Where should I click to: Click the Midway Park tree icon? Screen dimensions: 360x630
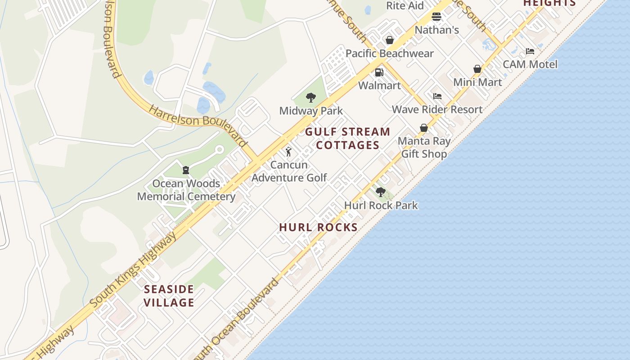pyautogui.click(x=310, y=98)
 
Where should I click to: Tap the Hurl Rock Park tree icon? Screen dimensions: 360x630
pyautogui.click(x=381, y=192)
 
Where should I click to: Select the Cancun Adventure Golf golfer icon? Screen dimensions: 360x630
pyautogui.click(x=288, y=152)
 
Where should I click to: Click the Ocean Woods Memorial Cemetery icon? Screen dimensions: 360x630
pyautogui.click(x=185, y=170)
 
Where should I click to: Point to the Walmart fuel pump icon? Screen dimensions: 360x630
pyautogui.click(x=379, y=72)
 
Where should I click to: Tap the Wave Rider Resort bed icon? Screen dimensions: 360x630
pyautogui.click(x=437, y=96)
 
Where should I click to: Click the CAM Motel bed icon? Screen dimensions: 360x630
pyautogui.click(x=530, y=51)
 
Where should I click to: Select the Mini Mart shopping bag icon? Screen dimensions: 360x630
pyautogui.click(x=477, y=69)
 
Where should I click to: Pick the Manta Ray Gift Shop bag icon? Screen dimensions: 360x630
pyautogui.click(x=423, y=128)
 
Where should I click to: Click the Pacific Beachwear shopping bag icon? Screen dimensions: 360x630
pyautogui.click(x=390, y=40)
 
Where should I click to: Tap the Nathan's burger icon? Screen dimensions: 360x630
pyautogui.click(x=436, y=17)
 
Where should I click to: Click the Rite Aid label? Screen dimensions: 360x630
pyautogui.click(x=405, y=5)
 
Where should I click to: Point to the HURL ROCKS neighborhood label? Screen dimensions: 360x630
pyautogui.click(x=318, y=227)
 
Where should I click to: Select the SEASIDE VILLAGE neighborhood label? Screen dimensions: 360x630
pyautogui.click(x=169, y=296)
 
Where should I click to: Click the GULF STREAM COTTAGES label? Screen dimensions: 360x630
pyautogui.click(x=347, y=138)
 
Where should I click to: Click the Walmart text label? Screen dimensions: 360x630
pyautogui.click(x=379, y=85)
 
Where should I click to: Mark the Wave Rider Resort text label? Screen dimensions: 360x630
pyautogui.click(x=437, y=109)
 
